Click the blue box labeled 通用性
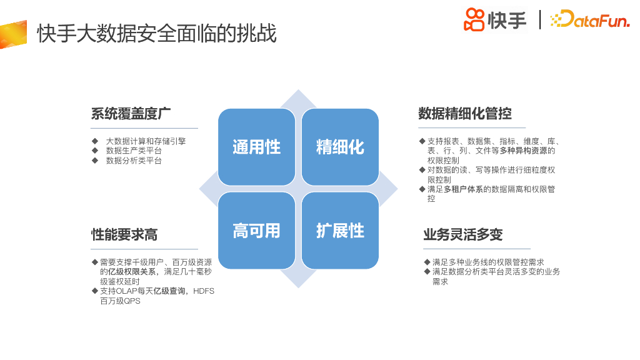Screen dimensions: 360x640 pyautogui.click(x=256, y=147)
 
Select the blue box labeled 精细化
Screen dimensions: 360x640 pyautogui.click(x=340, y=147)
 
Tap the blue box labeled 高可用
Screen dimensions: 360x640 pyautogui.click(x=256, y=231)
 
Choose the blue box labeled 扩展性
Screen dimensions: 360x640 pyautogui.click(x=340, y=231)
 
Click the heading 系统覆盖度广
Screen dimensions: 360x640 pyautogui.click(x=131, y=114)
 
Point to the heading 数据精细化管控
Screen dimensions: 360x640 pyautogui.click(x=465, y=114)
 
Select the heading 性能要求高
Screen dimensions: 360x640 pyautogui.click(x=124, y=234)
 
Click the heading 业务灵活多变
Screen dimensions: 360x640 pyautogui.click(x=462, y=234)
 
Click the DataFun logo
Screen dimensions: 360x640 pyautogui.click(x=590, y=20)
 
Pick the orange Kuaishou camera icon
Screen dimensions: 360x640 pyautogui.click(x=474, y=19)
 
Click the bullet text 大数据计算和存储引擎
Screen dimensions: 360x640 pyautogui.click(x=146, y=142)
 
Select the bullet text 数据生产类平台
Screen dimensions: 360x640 pyautogui.click(x=134, y=151)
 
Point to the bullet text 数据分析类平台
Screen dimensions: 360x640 pyautogui.click(x=134, y=161)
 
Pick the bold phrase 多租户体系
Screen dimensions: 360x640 pyautogui.click(x=463, y=189)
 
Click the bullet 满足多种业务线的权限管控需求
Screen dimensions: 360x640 pyautogui.click(x=487, y=262)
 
